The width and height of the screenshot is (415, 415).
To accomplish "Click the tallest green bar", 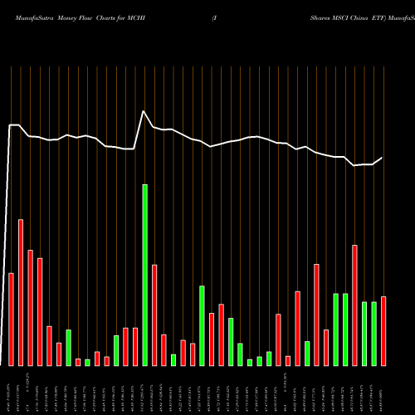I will point(145,275).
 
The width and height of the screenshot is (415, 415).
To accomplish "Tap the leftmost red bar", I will point(11,319).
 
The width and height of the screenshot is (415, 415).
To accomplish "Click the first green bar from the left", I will point(69,347).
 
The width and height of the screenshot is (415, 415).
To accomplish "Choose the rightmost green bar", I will point(374,333).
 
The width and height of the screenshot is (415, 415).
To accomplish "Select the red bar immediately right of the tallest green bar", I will point(154,315).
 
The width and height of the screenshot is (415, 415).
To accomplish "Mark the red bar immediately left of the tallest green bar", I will point(135,346).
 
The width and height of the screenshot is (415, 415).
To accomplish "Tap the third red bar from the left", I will point(30,307).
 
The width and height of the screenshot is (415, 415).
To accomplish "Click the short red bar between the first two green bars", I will point(78,362).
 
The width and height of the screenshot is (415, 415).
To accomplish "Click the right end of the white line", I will point(383,158).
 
